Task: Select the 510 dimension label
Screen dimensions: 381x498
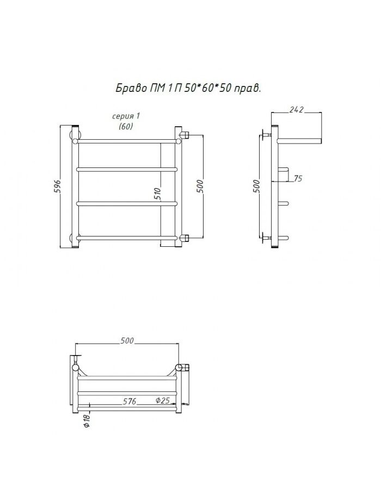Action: pos(158,194)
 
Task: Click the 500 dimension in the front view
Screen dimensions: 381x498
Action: pos(199,186)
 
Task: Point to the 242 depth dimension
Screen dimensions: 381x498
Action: pos(297,110)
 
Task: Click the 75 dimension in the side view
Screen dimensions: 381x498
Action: pos(298,178)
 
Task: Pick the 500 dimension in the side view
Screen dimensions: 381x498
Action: pos(256,186)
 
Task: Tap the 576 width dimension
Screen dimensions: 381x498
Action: pos(130,401)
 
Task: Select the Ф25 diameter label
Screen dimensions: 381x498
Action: pos(163,401)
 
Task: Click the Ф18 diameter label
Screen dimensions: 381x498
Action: pos(87,420)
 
